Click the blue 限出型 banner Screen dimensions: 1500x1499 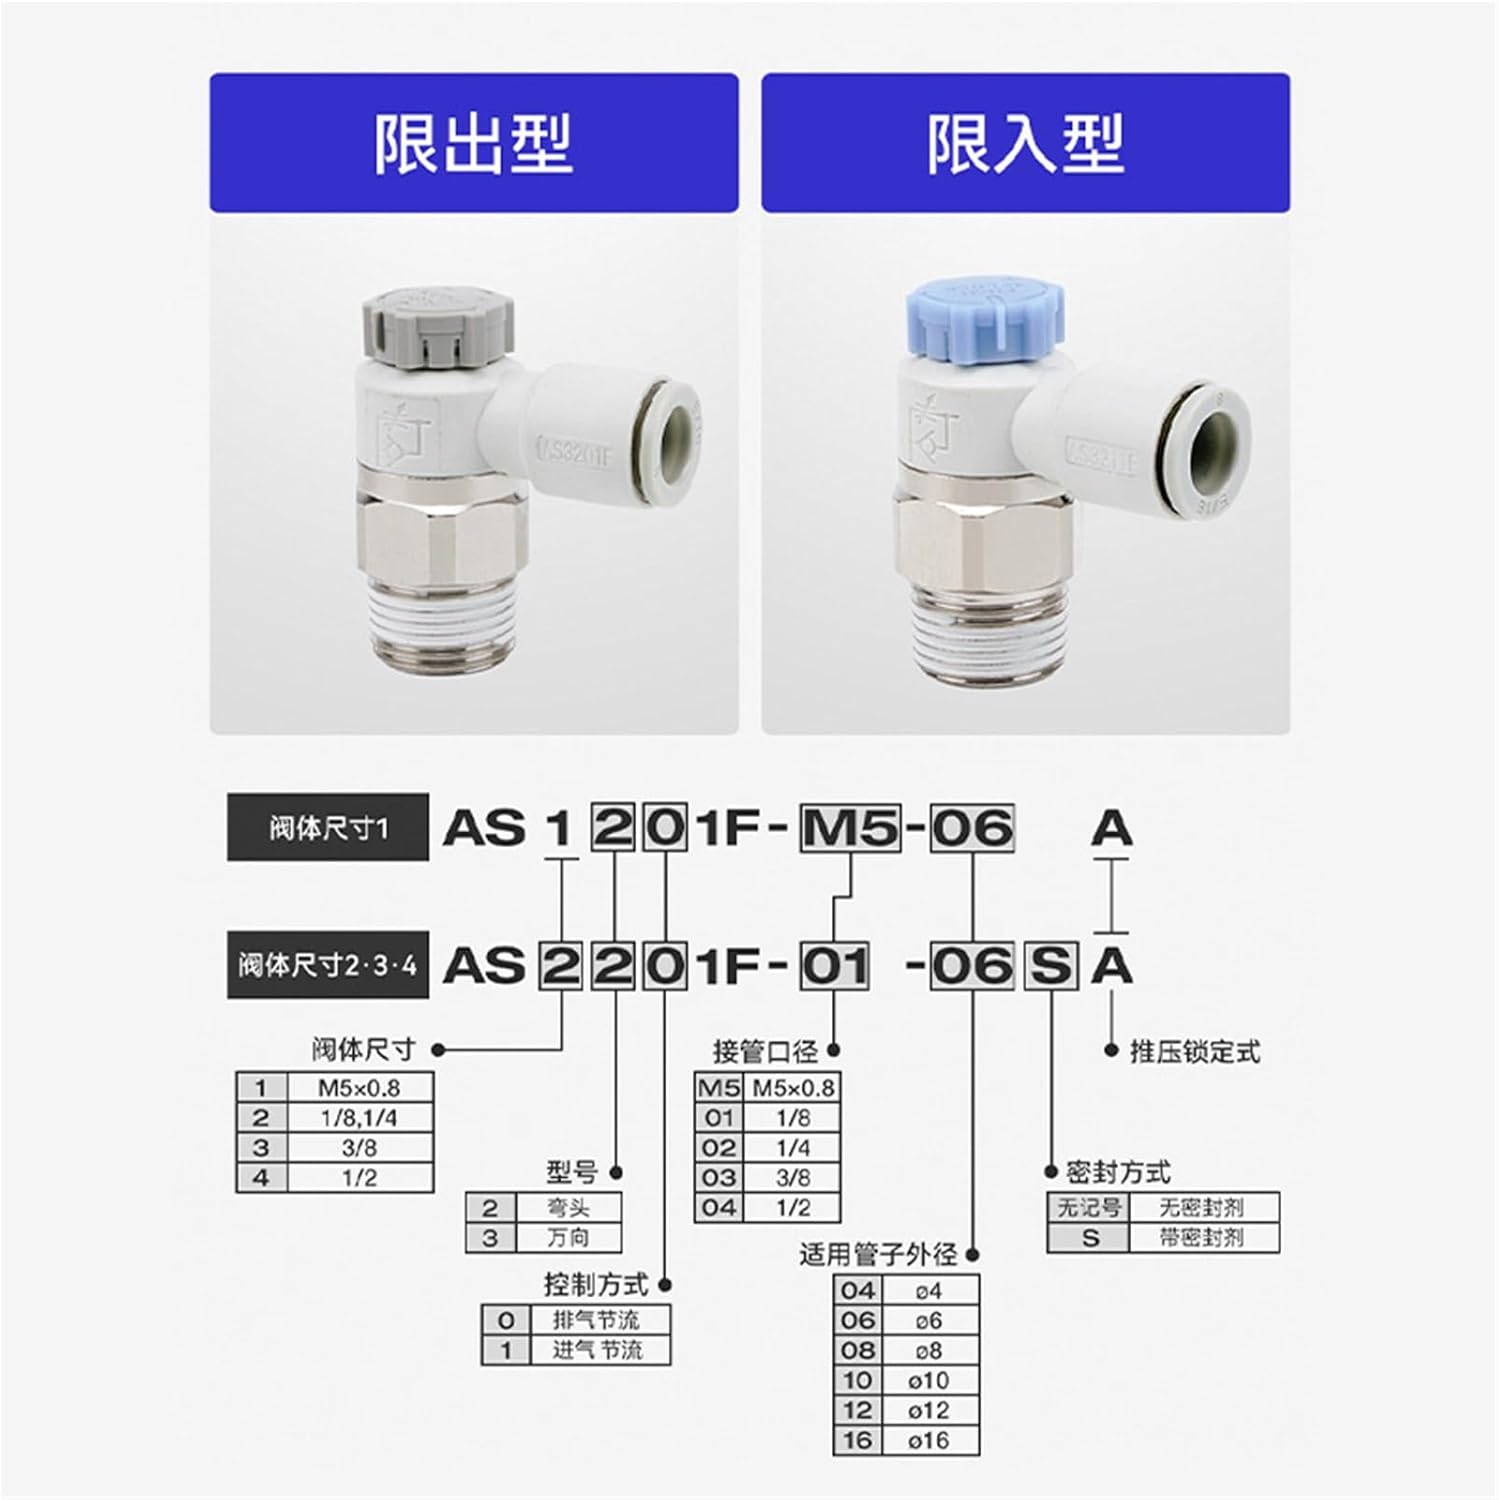473,142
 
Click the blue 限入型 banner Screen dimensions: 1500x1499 1025,142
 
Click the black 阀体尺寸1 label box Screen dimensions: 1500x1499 327,827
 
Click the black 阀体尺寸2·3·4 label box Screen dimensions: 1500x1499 327,965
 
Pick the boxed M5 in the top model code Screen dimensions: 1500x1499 850,828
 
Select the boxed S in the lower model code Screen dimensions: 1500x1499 1050,966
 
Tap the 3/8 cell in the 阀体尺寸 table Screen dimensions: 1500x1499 359,1148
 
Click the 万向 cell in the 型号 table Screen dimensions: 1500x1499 568,1238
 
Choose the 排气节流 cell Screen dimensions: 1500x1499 597,1320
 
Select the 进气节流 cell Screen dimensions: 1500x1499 597,1350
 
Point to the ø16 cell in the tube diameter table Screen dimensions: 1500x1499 928,1441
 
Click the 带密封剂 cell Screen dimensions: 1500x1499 1202,1238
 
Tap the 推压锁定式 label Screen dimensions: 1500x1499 1194,1051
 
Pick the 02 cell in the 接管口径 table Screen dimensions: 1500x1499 718,1148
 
